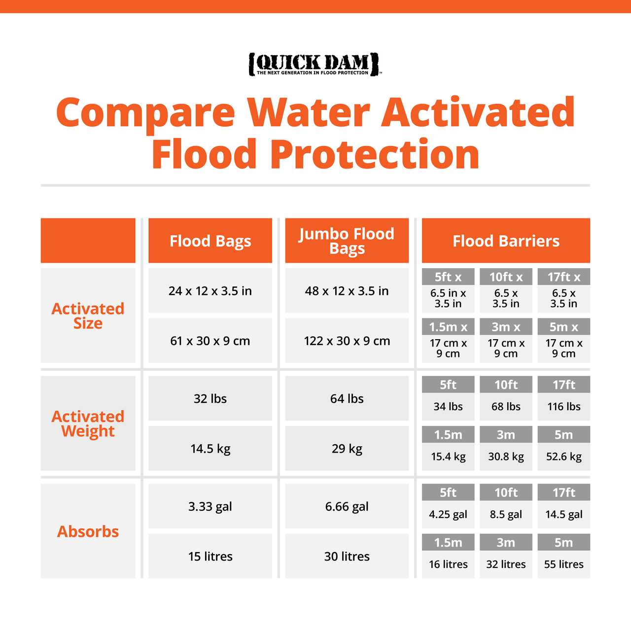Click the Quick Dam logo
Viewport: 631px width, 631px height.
[315, 64]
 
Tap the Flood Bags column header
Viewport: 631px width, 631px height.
[210, 241]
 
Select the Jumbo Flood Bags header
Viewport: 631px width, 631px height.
[347, 241]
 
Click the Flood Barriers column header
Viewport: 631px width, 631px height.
[506, 241]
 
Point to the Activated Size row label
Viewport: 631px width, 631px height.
[88, 316]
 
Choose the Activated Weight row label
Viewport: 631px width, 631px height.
[88, 423]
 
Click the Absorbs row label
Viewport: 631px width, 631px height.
[88, 531]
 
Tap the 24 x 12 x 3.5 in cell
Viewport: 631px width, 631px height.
[210, 291]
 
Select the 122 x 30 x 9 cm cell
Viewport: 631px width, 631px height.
[347, 341]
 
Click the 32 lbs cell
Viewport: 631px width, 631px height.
[210, 398]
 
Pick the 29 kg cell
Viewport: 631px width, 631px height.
[347, 449]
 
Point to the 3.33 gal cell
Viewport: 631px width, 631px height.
[210, 506]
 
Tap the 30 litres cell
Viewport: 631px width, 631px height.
[347, 556]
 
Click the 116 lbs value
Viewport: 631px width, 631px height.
[563, 407]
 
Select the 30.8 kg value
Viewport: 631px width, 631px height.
[506, 456]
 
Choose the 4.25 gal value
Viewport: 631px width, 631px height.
[448, 515]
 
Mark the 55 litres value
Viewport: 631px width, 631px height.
[563, 564]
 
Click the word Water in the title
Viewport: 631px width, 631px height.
[308, 112]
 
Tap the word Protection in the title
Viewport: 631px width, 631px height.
[375, 154]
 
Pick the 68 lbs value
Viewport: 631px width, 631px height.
[506, 407]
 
